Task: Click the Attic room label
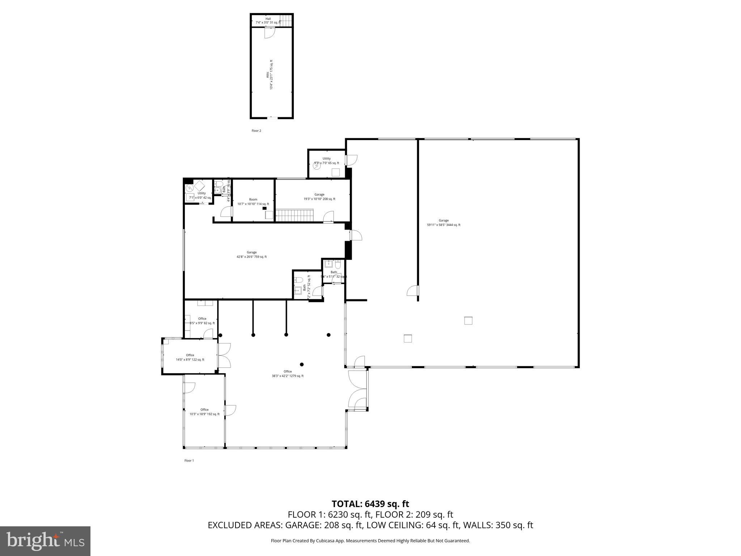coord(270,75)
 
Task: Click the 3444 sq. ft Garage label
coord(444,223)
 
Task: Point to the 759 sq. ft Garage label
coord(252,254)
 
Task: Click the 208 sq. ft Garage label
coord(319,197)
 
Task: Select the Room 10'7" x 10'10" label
coord(253,202)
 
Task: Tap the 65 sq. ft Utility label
coord(326,161)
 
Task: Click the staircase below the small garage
coord(295,215)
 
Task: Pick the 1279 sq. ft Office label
coord(288,374)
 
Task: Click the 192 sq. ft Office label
coord(204,412)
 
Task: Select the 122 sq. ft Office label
coord(190,357)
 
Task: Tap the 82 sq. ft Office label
coord(202,321)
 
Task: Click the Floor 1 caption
coord(189,460)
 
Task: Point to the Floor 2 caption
coord(256,131)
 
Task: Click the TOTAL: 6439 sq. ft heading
coord(370,504)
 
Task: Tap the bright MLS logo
coord(45,541)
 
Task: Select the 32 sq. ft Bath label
coord(334,274)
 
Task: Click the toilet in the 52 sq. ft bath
coord(298,280)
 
